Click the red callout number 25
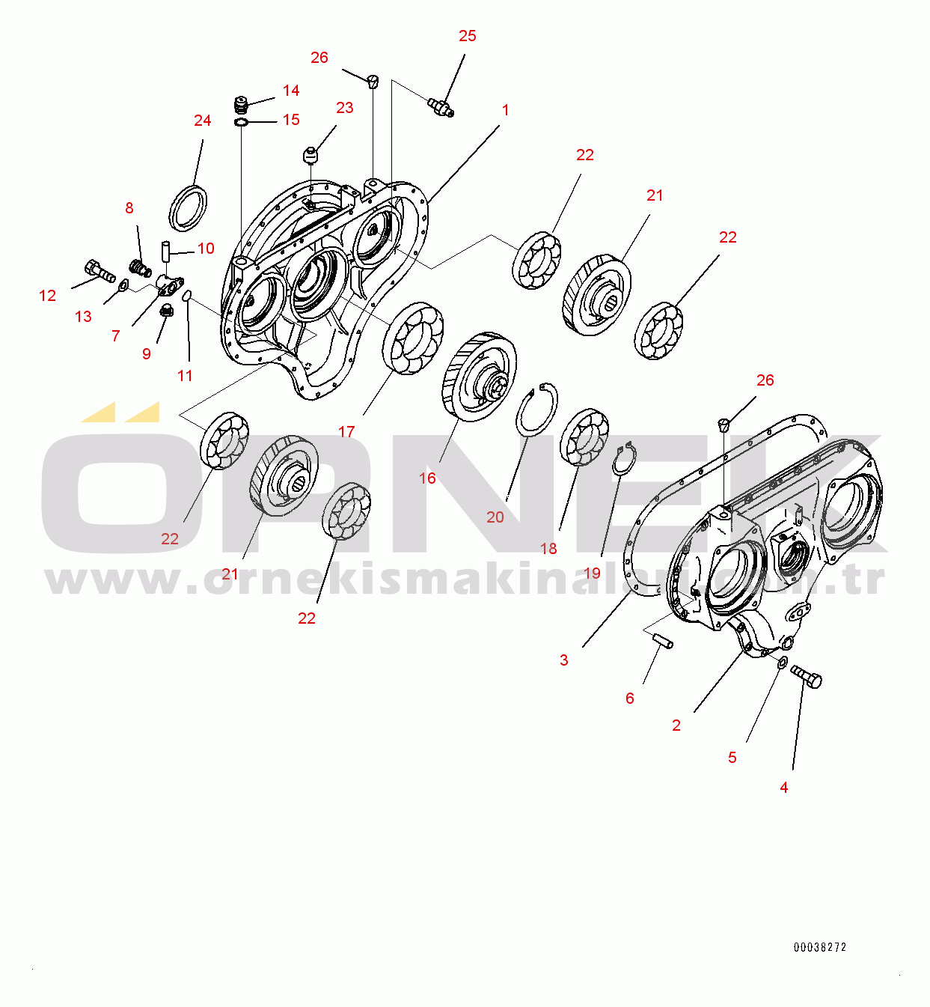click(467, 36)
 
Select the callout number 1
click(505, 110)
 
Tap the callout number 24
click(202, 121)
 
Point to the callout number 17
click(346, 431)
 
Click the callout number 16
click(427, 478)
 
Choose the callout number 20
click(495, 517)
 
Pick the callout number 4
click(783, 787)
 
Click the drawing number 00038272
click(820, 947)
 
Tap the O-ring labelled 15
click(241, 122)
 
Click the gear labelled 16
click(480, 377)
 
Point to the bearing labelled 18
click(584, 437)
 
